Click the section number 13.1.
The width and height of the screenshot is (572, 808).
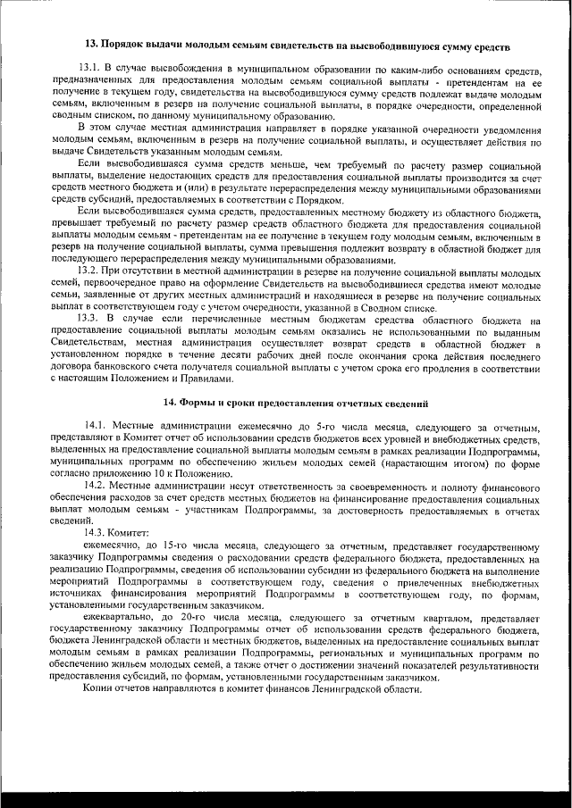[89, 68]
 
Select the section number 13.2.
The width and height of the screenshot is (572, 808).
[89, 270]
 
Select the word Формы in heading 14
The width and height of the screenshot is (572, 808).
[195, 404]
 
